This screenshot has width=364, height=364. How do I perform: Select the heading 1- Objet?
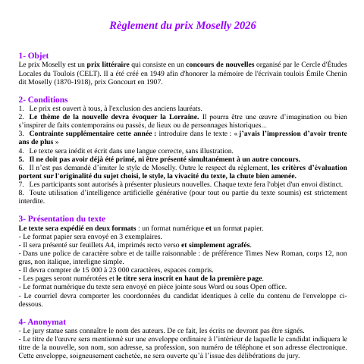pyautogui.click(x=34, y=56)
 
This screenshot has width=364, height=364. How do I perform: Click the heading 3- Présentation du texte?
pyautogui.click(x=62, y=197)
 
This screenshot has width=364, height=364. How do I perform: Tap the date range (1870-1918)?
pyautogui.click(x=65, y=83)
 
